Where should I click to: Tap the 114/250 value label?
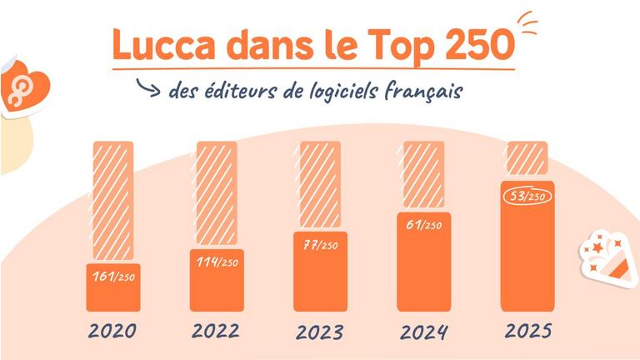216,262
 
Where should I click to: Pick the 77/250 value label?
319,247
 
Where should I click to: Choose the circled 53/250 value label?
527,197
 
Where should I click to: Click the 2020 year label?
112,330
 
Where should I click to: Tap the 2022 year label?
215,330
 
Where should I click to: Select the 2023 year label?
320,332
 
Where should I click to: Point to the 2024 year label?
424,332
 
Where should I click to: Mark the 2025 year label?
528,330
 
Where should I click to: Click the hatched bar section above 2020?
112,200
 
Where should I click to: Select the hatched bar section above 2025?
527,157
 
